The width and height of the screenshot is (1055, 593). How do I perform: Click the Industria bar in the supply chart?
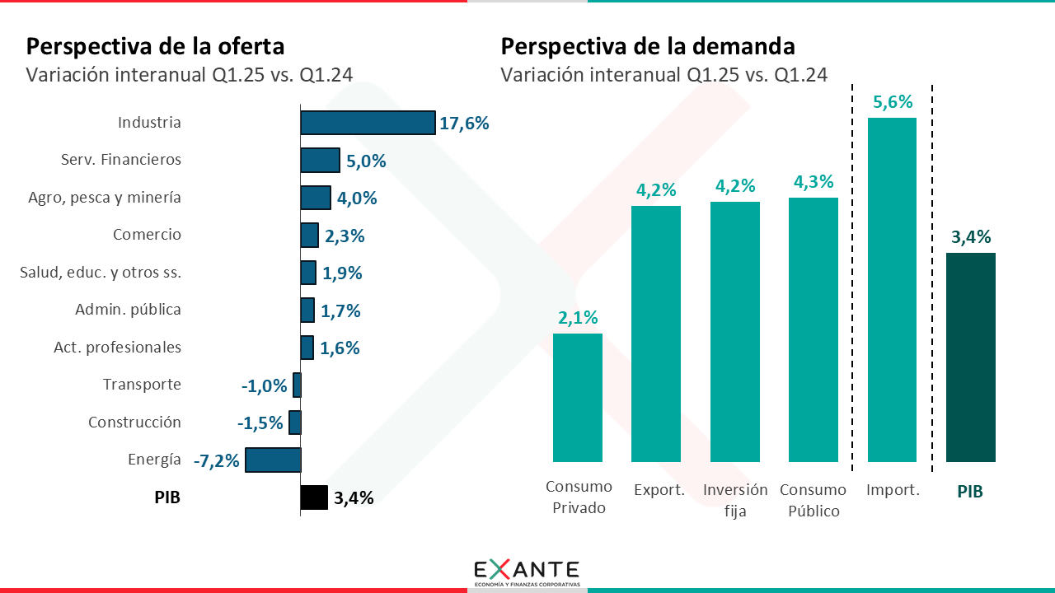point(368,123)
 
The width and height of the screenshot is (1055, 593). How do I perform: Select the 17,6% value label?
point(465,124)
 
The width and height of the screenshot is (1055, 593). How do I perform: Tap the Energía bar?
point(273,460)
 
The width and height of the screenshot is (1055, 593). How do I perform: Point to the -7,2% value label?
point(217,460)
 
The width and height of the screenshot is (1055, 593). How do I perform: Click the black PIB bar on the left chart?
point(314,497)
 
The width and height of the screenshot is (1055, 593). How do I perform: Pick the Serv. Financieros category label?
point(121,160)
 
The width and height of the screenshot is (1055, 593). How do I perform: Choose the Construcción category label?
point(134,423)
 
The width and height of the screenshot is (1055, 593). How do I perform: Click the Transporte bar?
point(297,385)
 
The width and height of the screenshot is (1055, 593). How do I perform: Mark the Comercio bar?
point(309,236)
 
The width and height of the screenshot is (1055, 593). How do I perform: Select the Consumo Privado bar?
point(577,397)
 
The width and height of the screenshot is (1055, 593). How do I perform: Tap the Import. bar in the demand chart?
point(892,289)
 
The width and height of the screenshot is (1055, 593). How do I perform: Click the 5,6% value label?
point(892,102)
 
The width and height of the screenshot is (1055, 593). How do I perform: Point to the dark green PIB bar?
point(971,357)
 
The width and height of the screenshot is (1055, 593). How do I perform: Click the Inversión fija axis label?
point(735,500)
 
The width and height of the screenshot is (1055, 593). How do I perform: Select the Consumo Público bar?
point(814,329)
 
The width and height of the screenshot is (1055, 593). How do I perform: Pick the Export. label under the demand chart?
point(659,490)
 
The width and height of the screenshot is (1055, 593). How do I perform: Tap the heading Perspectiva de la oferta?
point(156,45)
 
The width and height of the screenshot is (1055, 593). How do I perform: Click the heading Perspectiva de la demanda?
point(648,45)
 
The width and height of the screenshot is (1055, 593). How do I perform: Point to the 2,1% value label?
point(578,318)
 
